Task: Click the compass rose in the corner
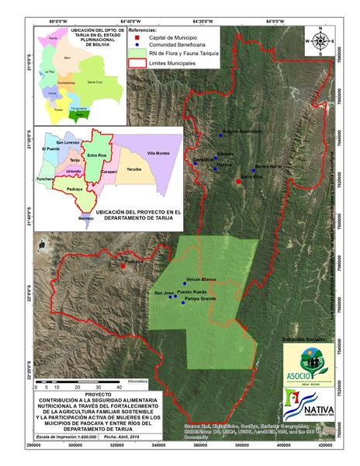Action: pos(319,41)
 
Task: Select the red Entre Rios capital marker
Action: pos(239,182)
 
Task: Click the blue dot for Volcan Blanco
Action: pos(185,283)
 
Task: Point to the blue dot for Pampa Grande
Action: pos(183,303)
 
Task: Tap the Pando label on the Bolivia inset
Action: pos(54,37)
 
